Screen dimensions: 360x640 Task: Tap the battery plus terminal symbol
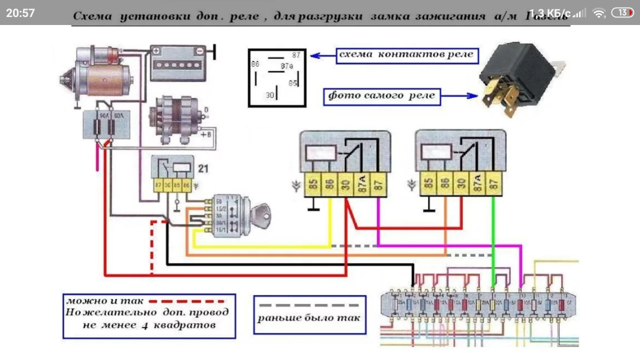coord(156,50)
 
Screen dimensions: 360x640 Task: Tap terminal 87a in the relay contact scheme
coord(286,65)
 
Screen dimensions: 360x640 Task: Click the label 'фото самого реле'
coord(382,95)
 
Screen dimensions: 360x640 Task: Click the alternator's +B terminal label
coord(205,134)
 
